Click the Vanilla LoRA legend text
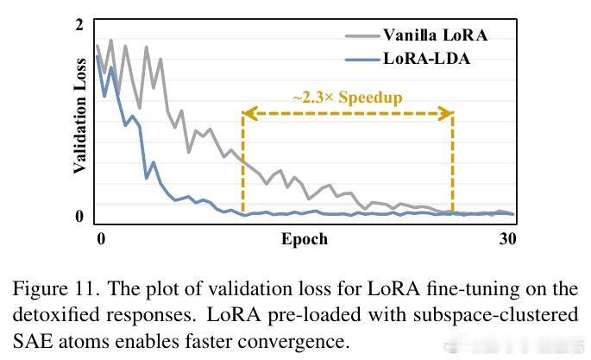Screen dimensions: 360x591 tap(435, 35)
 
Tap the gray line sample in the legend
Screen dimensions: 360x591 tap(362, 36)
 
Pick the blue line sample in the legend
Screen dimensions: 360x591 tap(362, 60)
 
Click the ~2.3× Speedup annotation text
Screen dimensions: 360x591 tap(347, 97)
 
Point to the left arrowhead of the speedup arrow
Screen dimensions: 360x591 tap(247, 112)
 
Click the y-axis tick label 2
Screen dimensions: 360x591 tap(79, 25)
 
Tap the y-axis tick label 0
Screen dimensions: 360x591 tap(79, 216)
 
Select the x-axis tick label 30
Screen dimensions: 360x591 tap(507, 238)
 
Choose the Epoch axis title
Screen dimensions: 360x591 tap(305, 238)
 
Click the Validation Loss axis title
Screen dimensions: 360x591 tap(79, 117)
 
